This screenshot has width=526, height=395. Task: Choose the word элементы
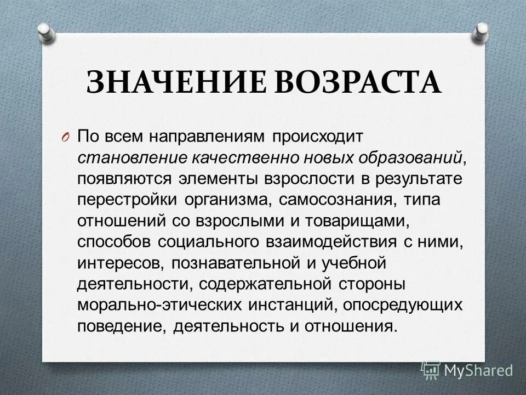pyautogui.click(x=216, y=179)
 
